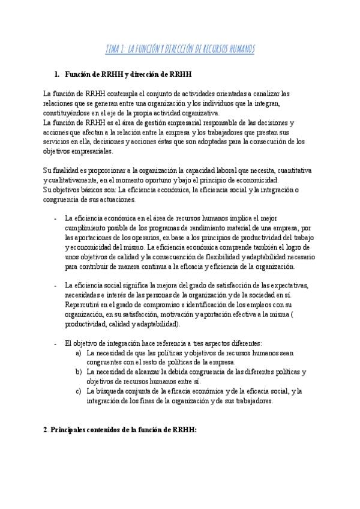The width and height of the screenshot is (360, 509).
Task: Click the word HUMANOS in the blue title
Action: tap(238, 49)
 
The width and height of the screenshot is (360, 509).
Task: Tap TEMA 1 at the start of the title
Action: tap(114, 49)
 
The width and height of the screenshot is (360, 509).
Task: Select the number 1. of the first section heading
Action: tap(57, 74)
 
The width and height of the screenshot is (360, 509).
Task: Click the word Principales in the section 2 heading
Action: tap(71, 430)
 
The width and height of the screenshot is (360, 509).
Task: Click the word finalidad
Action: tap(64, 171)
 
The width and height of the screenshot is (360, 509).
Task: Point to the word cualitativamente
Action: tap(73, 181)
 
